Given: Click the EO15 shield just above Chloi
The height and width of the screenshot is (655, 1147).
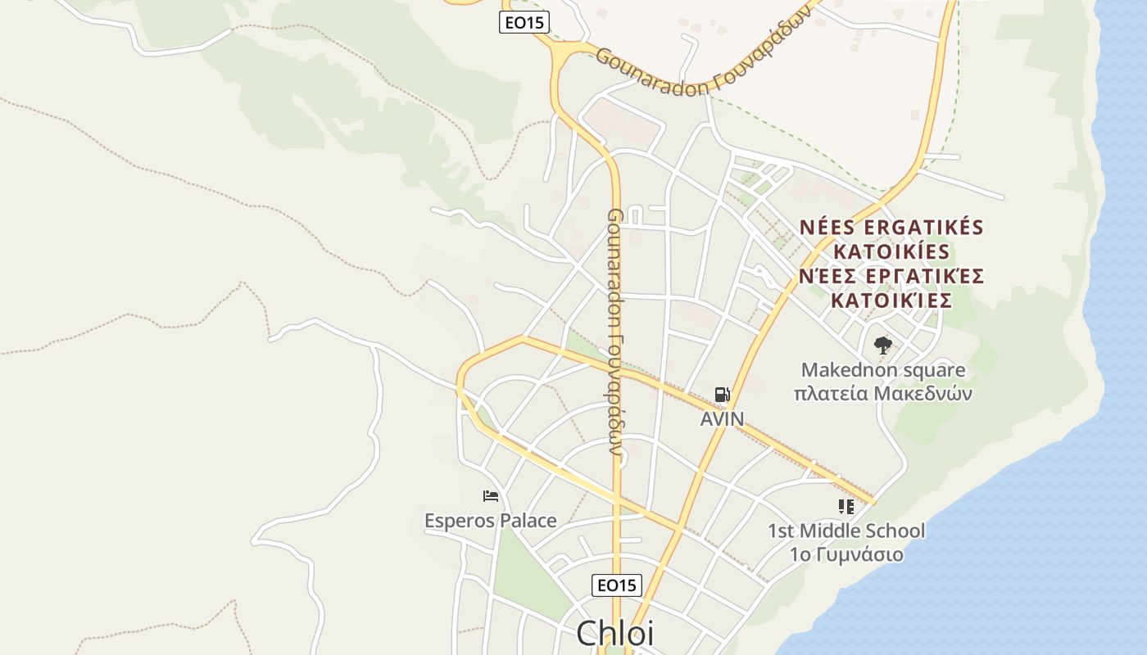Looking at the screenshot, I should point(616,585).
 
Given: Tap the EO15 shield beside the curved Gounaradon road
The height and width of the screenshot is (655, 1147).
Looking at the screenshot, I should point(524,22).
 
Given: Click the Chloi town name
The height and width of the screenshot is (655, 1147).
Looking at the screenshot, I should point(614,633).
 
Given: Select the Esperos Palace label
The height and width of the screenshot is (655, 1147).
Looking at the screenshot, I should point(490,520).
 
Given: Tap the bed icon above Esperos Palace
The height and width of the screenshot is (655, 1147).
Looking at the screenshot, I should point(491,495).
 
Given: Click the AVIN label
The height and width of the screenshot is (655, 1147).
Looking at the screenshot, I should point(722,419).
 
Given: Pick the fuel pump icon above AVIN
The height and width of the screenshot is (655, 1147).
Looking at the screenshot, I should point(722,395).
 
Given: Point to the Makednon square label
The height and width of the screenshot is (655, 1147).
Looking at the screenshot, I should point(883,370).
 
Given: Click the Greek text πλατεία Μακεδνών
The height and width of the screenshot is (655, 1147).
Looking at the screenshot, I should point(883,393).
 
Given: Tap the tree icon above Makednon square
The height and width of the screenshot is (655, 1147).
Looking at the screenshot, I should point(882,346).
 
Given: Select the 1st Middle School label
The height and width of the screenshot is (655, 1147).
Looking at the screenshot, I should point(846,531).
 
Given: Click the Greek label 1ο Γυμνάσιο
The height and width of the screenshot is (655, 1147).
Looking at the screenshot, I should point(846,554).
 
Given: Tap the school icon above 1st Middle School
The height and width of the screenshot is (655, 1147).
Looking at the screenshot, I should point(846,507).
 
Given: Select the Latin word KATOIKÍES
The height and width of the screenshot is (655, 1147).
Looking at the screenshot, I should point(891,251).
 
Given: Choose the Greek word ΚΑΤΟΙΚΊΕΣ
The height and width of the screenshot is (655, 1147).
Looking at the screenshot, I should point(891,300).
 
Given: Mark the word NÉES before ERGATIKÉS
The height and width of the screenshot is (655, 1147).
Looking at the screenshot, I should point(827,227).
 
